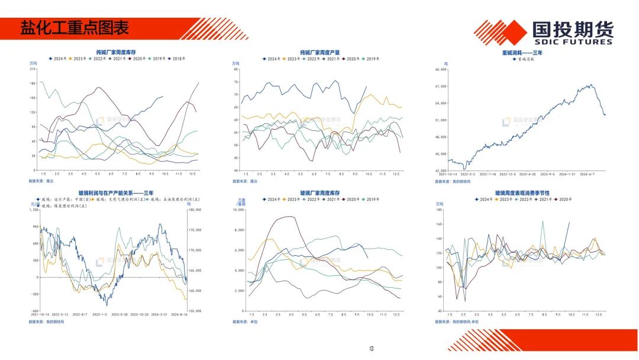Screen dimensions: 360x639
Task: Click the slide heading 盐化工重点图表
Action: point(75,28)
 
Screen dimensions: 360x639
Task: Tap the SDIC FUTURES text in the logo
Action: point(572,42)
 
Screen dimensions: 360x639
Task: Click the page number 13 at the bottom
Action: point(372,348)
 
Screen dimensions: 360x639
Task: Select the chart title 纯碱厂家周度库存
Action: point(116,52)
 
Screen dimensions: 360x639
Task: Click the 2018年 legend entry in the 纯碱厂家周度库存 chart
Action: point(178,59)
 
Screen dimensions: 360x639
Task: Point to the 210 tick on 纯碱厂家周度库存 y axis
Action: point(33,69)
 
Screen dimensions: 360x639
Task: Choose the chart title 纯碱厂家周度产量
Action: point(319,52)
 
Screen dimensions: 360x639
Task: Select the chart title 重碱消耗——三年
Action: point(522,52)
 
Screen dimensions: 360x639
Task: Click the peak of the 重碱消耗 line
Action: point(591,84)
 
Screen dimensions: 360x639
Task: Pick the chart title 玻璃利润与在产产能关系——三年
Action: point(116,193)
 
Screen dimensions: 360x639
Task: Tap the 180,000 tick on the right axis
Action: point(195,210)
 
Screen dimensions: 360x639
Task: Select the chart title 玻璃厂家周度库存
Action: point(319,193)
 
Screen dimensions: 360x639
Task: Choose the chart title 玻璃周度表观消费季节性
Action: point(522,193)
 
